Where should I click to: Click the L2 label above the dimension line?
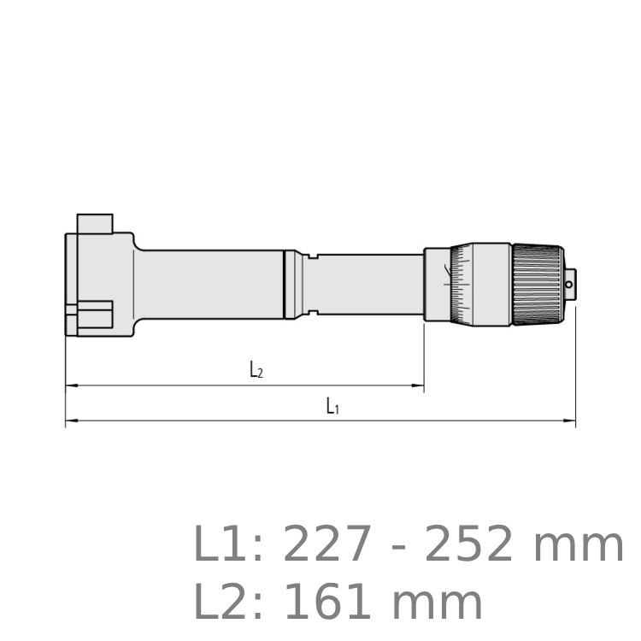pos(256,369)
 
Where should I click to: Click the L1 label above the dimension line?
pos(332,406)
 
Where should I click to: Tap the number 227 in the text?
pos(327,544)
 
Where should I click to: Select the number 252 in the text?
pos(469,544)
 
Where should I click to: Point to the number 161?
pos(327,602)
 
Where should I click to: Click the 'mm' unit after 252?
pos(578,549)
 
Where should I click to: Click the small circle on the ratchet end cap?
pos(568,285)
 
